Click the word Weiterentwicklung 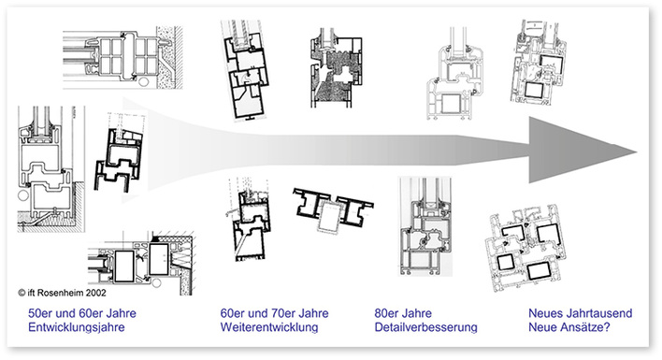click(268, 327)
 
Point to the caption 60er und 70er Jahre click(273, 311)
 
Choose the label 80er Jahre click(403, 311)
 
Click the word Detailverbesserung click(425, 327)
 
